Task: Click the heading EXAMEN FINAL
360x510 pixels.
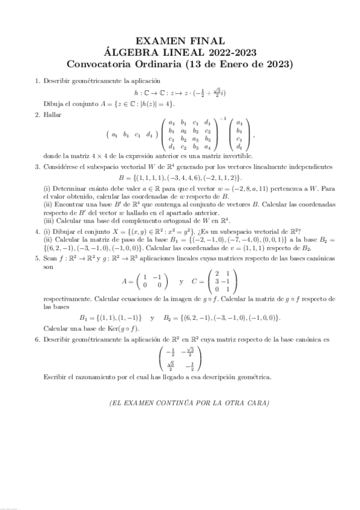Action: pyautogui.click(x=180, y=41)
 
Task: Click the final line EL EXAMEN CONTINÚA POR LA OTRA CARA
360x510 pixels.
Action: pyautogui.click(x=180, y=402)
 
